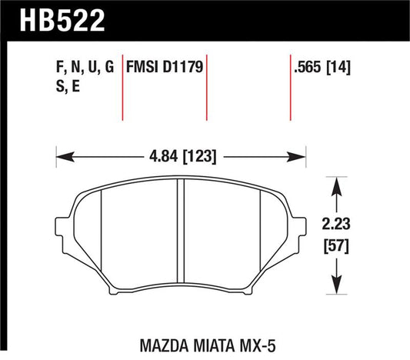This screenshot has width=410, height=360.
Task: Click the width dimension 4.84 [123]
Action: point(182,157)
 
